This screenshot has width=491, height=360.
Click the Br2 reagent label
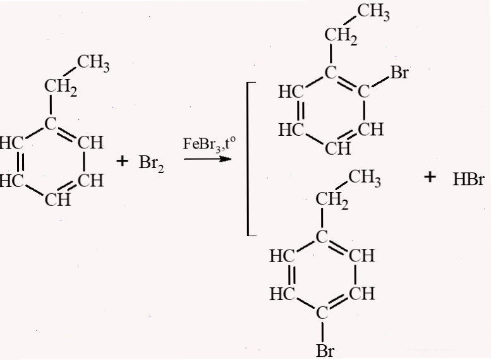coord(151,164)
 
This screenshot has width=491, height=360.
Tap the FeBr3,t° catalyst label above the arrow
coord(209,144)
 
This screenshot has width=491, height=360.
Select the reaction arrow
coord(207,159)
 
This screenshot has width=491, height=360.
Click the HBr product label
coord(468,180)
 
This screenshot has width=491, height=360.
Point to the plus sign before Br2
coord(122,162)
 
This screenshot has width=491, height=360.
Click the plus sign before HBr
coord(430,177)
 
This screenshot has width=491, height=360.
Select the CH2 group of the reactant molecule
coord(61,87)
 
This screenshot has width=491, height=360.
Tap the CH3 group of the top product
coord(373,12)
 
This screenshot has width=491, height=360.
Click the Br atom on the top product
coord(399,73)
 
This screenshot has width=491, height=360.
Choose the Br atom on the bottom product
coord(325,351)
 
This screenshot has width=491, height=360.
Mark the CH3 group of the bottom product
coord(365,178)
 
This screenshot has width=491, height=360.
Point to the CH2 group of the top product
coord(341,36)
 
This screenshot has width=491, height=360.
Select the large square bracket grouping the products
coord(252,159)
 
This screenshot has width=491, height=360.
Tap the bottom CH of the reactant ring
coord(58,200)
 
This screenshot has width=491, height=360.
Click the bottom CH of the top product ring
coord(338,148)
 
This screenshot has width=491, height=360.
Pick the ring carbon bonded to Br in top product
coord(363,92)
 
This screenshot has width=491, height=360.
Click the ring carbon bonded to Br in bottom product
coord(322,313)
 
